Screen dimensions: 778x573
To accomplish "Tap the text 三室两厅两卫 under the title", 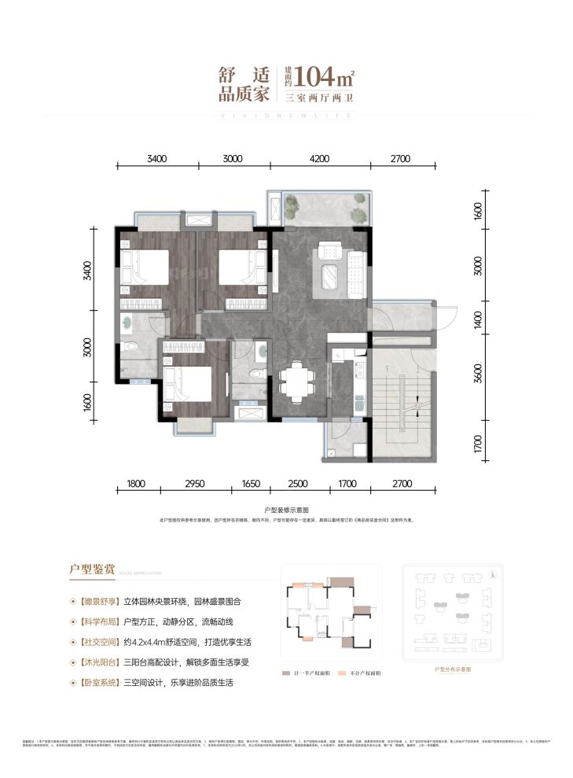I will [x=321, y=98].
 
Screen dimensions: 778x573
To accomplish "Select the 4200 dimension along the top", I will [x=318, y=158].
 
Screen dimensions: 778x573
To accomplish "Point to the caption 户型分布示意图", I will [x=451, y=669].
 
